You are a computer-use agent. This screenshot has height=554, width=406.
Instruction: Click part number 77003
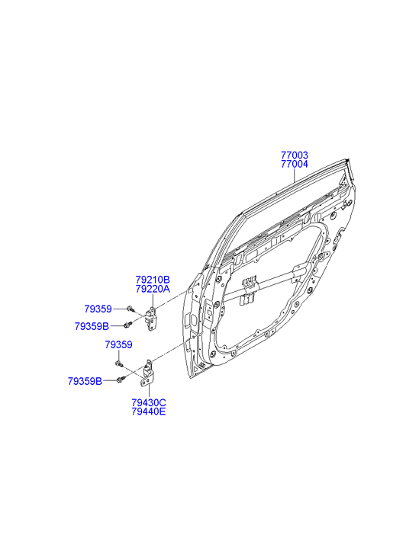coord(294,155)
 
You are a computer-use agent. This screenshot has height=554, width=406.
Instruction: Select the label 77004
coord(294,164)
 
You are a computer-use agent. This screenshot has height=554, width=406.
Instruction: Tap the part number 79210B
coord(153,280)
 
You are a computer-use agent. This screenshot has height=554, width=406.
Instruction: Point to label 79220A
coord(153,290)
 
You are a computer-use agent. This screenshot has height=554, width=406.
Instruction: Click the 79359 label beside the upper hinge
coord(98,309)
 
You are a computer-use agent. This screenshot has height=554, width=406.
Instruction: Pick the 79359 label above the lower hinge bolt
coord(118,345)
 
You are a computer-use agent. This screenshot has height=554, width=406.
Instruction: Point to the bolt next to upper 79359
coord(130,309)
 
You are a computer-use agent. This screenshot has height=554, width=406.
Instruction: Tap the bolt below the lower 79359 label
coord(118,364)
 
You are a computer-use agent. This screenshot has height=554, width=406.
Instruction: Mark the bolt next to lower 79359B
coord(121,379)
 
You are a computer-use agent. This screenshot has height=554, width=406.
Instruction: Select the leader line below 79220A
coord(152,301)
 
